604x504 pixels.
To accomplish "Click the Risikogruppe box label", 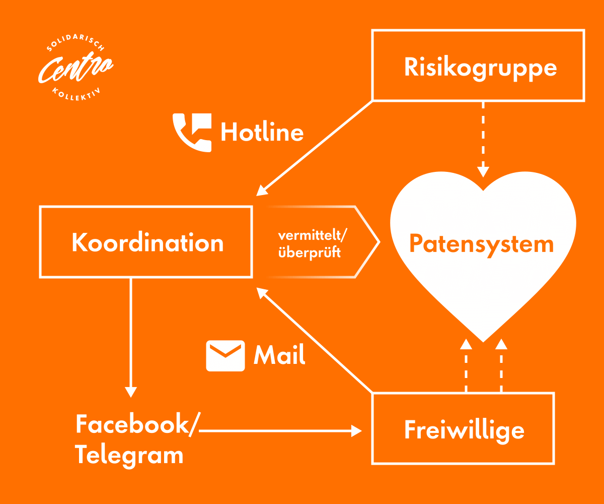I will [x=480, y=67].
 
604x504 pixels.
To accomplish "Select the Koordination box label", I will [x=147, y=242].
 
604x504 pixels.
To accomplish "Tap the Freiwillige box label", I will [x=464, y=430].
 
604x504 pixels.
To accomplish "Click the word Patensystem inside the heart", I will [x=481, y=244].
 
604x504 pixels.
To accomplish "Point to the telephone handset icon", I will [x=192, y=132].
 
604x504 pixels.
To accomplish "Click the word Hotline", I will [x=262, y=133].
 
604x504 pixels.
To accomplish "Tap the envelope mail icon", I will [x=225, y=355].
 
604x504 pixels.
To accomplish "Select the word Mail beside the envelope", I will [x=279, y=355].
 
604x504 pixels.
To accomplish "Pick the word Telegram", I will [x=129, y=455].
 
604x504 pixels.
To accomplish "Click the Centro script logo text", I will [x=75, y=69].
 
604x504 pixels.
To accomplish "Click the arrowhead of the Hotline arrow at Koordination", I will [x=261, y=191].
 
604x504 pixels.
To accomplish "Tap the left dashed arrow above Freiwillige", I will [x=466, y=365].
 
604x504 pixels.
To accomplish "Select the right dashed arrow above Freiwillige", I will [x=501, y=365].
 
